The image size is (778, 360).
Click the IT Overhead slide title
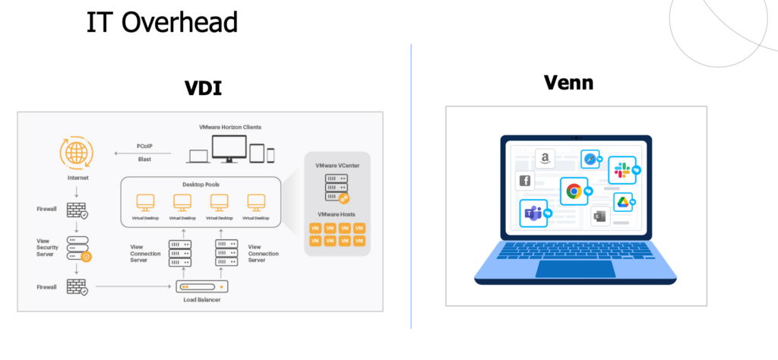pos(162,22)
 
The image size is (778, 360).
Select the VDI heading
pos(203,88)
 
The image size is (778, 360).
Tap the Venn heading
pos(568,82)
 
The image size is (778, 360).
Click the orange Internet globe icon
pos(77,153)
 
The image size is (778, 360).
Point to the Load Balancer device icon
pos(202,286)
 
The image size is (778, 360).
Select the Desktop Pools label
pos(201,185)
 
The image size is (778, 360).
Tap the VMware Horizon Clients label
pos(229,127)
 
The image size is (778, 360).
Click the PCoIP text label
pos(144,147)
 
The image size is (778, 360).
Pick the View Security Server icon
pos(78,248)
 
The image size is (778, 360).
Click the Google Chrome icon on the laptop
pos(574,191)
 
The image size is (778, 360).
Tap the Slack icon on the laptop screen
pos(621,169)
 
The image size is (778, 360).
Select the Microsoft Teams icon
pos(533,213)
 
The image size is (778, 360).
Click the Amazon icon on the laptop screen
pos(545,158)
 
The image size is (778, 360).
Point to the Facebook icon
pos(525,181)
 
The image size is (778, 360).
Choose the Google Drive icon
pos(623,202)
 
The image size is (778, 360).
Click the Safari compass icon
pos(590,159)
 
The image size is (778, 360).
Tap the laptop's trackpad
pos(576,268)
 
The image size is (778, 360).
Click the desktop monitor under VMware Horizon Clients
pos(229,149)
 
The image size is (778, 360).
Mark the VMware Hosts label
pos(337,214)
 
